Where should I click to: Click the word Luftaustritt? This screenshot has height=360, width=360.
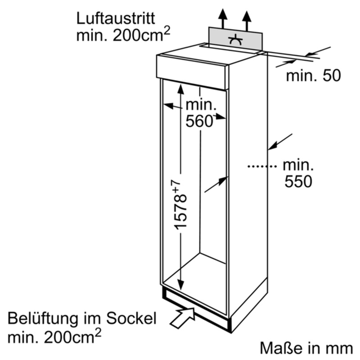click(x=116, y=18)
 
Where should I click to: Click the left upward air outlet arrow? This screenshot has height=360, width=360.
click(x=222, y=19)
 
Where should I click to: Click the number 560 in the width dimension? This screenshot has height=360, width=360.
click(x=198, y=121)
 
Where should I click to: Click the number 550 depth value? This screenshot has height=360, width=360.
click(x=297, y=181)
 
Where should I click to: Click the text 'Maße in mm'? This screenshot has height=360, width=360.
click(x=306, y=347)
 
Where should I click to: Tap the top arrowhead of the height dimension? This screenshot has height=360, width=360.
click(x=180, y=88)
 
